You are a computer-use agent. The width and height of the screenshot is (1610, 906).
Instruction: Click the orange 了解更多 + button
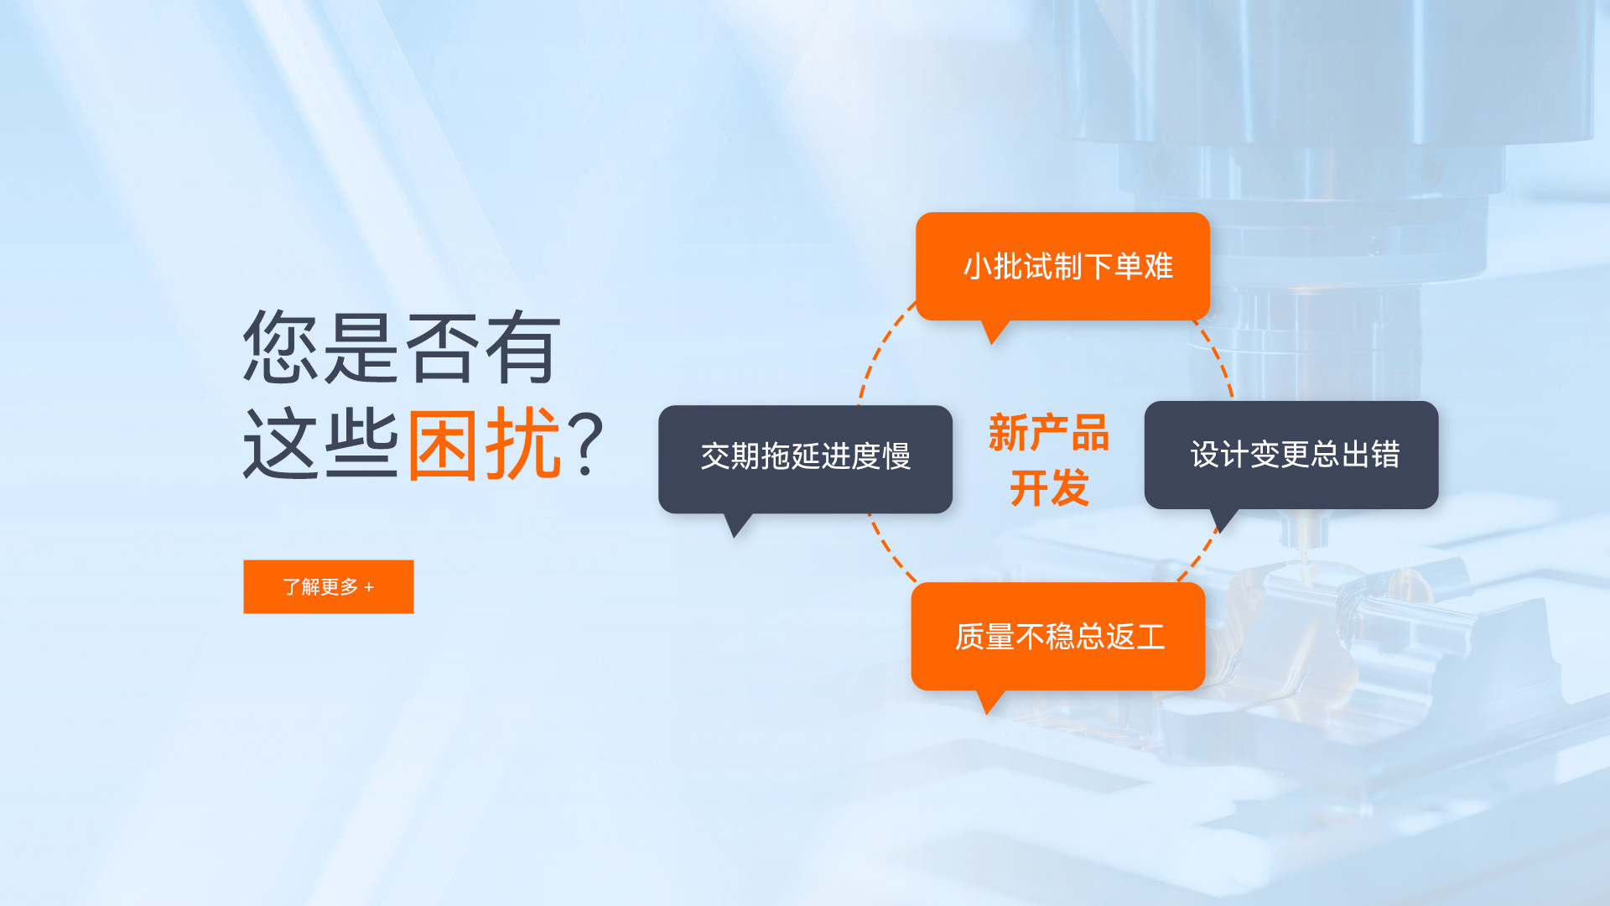pos(329,586)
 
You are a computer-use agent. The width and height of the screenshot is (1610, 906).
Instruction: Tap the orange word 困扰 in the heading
pos(485,444)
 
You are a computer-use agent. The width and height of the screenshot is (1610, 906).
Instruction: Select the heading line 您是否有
pos(401,347)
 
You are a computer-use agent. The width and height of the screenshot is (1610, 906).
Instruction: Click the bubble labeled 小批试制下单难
pos(1062,267)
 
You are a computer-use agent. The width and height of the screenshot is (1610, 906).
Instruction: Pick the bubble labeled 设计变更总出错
pos(1291,455)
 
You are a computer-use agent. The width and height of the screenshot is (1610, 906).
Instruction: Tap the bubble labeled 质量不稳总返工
pos(1058,637)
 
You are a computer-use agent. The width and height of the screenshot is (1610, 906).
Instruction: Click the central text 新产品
pos(1049,433)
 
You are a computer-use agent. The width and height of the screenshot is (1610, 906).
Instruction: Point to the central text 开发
pos(1049,487)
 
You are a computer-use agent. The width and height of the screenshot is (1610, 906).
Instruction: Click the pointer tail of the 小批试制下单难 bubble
pos(995,332)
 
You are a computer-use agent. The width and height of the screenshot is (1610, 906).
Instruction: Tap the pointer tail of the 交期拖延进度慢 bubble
pos(737,525)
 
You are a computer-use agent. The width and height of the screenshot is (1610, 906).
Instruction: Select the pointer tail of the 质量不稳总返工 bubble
pos(990,702)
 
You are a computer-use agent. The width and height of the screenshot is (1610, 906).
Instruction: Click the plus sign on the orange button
pos(369,587)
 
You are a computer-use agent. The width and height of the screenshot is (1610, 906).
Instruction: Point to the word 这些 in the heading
pos(320,444)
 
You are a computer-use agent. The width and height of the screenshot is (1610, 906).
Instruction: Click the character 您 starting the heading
pos(280,347)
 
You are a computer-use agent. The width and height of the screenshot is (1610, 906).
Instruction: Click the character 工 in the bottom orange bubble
pos(1151,637)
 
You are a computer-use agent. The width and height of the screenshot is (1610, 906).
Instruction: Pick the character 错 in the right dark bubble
pos(1386,455)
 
